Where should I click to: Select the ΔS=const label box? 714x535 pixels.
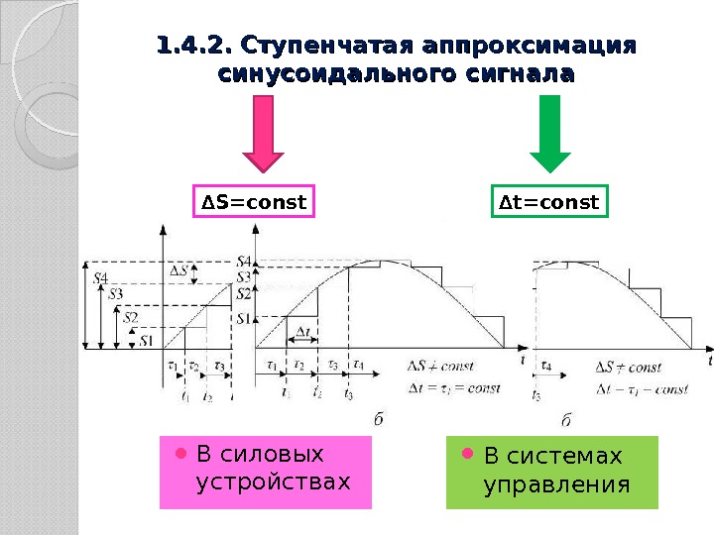(253, 203)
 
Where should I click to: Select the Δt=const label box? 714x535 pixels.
(548, 203)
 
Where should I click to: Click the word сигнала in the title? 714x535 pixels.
(521, 74)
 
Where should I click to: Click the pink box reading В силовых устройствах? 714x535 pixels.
(265, 471)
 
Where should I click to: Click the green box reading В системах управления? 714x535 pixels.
(551, 471)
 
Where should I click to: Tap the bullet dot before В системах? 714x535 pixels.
(469, 455)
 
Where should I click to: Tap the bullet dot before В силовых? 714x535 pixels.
(181, 454)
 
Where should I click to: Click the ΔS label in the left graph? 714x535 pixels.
(180, 269)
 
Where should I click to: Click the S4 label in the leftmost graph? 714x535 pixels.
(101, 278)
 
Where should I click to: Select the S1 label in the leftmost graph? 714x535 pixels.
(145, 341)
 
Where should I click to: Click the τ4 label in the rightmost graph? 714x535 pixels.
(546, 366)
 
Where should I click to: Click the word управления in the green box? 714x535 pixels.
(556, 484)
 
